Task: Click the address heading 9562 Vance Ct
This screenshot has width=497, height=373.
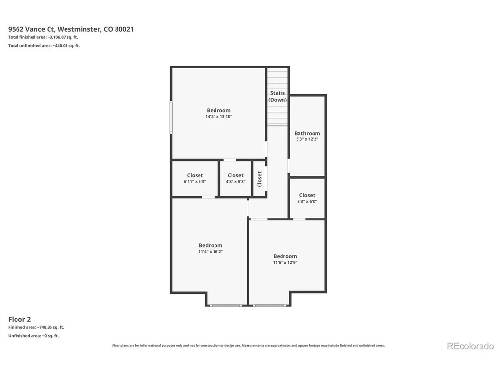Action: [71, 29]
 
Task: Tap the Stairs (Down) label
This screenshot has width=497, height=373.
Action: [278, 96]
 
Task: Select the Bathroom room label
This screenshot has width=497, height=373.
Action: [307, 133]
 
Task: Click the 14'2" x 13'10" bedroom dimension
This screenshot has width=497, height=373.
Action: [219, 117]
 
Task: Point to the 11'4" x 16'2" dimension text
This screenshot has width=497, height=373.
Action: [211, 252]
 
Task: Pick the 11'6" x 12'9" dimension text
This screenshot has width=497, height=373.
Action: [285, 263]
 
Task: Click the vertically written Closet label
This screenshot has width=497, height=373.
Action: [260, 179]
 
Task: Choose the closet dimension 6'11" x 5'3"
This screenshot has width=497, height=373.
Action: [195, 182]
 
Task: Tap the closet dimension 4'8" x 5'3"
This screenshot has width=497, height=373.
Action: [235, 182]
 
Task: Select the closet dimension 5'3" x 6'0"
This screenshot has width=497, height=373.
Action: [307, 202]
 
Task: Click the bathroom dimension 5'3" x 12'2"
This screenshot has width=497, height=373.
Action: [307, 139]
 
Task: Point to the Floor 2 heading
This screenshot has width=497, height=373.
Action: [19, 319]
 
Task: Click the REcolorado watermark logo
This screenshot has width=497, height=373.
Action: [471, 346]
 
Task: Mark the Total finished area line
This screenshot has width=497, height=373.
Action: [43, 37]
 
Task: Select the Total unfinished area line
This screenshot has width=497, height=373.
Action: [44, 46]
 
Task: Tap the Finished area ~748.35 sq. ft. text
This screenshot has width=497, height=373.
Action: [36, 327]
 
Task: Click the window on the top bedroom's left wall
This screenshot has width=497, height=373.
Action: [171, 117]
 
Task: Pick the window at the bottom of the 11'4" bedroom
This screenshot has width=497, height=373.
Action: [226, 305]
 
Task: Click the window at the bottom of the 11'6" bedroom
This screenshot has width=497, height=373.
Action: [270, 305]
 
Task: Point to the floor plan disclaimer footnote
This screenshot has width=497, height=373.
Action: [248, 346]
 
